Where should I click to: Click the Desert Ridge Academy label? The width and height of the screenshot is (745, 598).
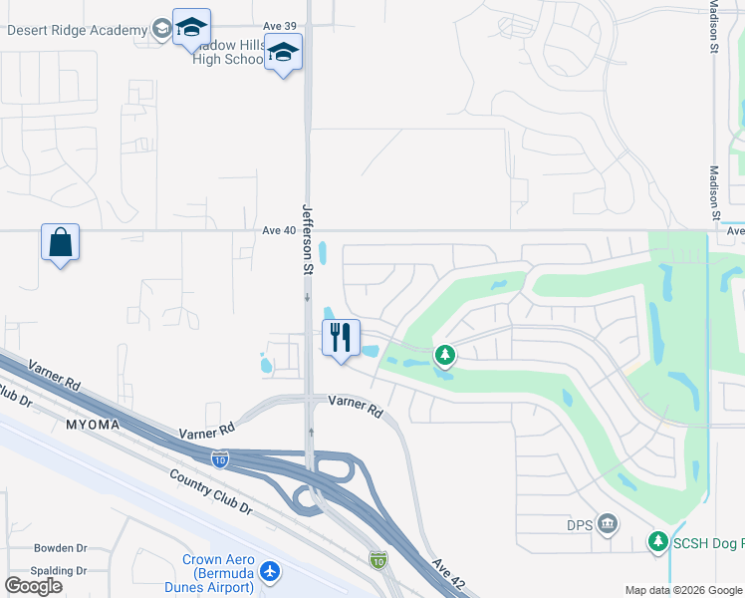pos(77,30)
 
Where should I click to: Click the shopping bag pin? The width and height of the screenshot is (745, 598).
pos(60,242)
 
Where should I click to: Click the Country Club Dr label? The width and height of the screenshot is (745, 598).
pos(212,492)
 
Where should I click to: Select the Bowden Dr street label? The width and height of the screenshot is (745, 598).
pos(61,548)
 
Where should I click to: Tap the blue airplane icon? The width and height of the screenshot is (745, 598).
pos(269,573)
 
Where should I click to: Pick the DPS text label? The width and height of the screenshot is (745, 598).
pos(580,524)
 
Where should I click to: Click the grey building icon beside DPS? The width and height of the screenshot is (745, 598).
pos(607,524)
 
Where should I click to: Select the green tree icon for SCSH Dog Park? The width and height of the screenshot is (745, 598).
pos(657,541)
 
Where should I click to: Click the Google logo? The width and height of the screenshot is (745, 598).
pos(33,586)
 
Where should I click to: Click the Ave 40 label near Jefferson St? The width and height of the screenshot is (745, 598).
pos(280,230)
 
